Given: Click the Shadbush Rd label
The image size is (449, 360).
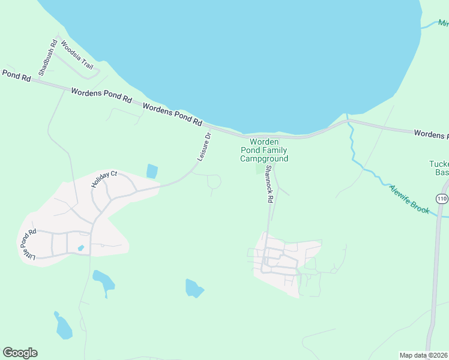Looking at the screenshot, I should click(x=47, y=57).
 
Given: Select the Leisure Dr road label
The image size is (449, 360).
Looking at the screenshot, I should click(x=205, y=146).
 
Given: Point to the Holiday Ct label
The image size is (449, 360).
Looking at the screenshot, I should click(x=103, y=179).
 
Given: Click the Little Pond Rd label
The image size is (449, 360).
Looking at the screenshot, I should click(x=27, y=244).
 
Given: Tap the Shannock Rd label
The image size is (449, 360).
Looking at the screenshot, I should click(x=269, y=184).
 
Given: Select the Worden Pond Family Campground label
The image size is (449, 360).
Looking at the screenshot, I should click(x=264, y=150).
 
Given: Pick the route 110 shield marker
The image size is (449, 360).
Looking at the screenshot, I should click(x=442, y=199).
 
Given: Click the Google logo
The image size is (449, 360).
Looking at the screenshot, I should click(x=20, y=353).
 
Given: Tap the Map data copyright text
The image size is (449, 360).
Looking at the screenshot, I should click(x=424, y=355).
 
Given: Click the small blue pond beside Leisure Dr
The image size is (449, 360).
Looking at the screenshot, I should click(x=152, y=172).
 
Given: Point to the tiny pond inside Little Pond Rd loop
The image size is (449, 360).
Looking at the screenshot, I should click(x=80, y=248).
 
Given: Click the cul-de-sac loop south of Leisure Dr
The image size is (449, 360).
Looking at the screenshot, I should click(x=214, y=181).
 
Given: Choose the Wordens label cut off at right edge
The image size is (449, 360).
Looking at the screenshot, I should click(x=431, y=134).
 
